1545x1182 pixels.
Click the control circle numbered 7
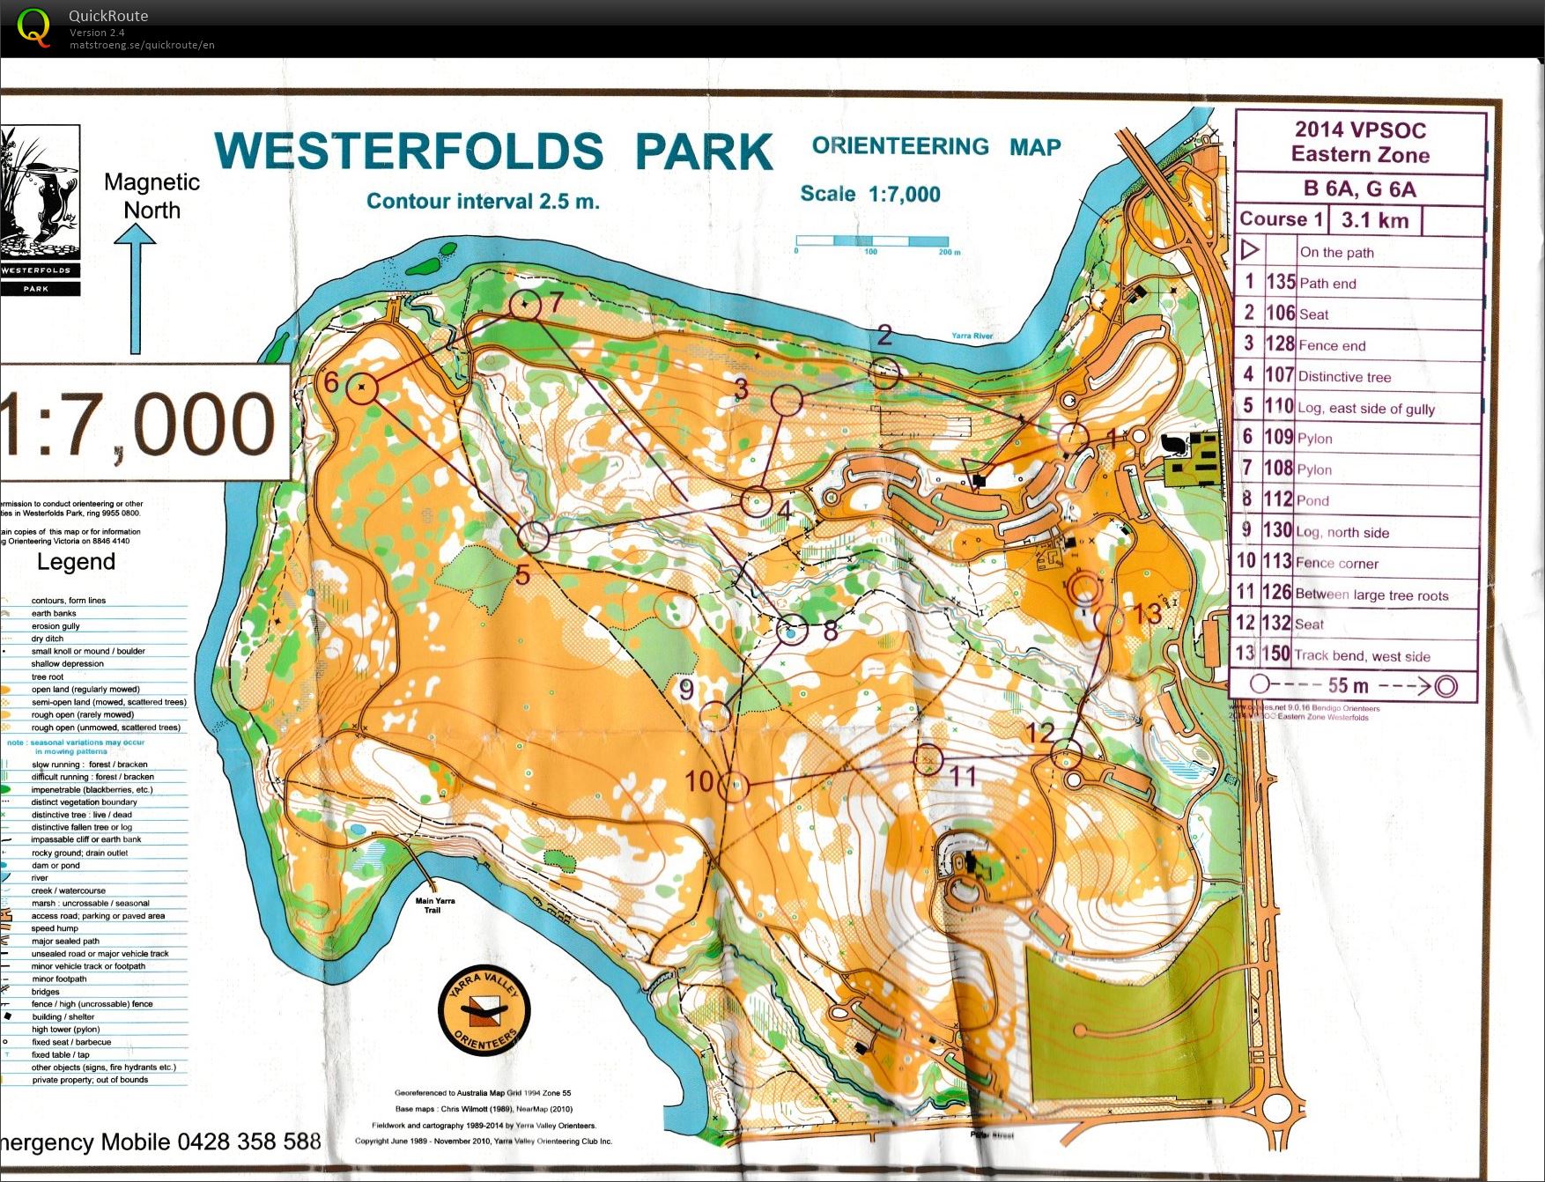point(525,305)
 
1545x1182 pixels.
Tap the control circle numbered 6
point(361,388)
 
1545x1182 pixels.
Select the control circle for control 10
point(734,787)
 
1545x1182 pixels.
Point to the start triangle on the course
point(975,471)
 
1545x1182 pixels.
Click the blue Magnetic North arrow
point(135,291)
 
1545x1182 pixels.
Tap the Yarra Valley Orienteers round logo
point(484,1011)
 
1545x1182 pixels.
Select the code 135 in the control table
point(1280,283)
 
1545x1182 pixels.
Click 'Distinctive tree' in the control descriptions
point(1344,377)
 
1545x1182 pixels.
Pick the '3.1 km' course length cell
point(1374,220)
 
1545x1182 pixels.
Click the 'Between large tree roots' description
point(1371,595)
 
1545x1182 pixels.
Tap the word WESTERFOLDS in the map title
point(409,151)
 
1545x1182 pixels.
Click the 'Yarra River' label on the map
point(972,336)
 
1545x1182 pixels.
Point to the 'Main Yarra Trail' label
point(435,905)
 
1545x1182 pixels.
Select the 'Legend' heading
point(76,562)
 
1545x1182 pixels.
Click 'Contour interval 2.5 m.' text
point(483,202)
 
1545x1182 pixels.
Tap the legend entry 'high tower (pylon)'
point(65,1029)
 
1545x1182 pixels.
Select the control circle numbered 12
point(1067,755)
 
